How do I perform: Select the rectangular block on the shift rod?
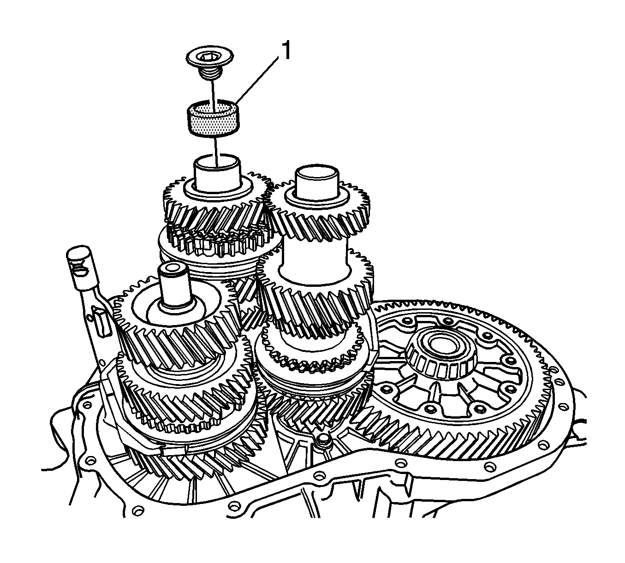pos(101,324)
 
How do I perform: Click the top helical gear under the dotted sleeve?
pos(215,206)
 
